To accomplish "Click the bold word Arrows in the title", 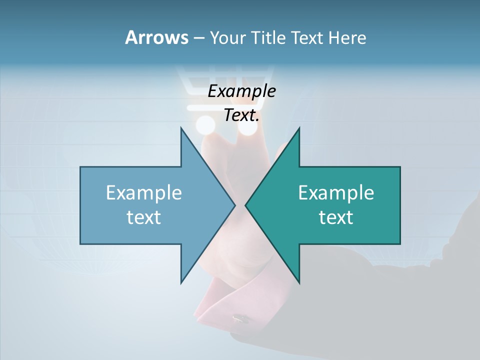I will [x=156, y=37].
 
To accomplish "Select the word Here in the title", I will [x=347, y=38].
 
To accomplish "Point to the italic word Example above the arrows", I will [x=241, y=91].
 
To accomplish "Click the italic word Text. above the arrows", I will [x=241, y=115].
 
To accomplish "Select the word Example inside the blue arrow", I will [x=144, y=192].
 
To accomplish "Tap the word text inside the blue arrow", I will [x=144, y=217].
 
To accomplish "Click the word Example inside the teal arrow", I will [x=336, y=192].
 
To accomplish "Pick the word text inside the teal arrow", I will [x=336, y=217].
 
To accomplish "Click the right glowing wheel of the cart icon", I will [x=247, y=127].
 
